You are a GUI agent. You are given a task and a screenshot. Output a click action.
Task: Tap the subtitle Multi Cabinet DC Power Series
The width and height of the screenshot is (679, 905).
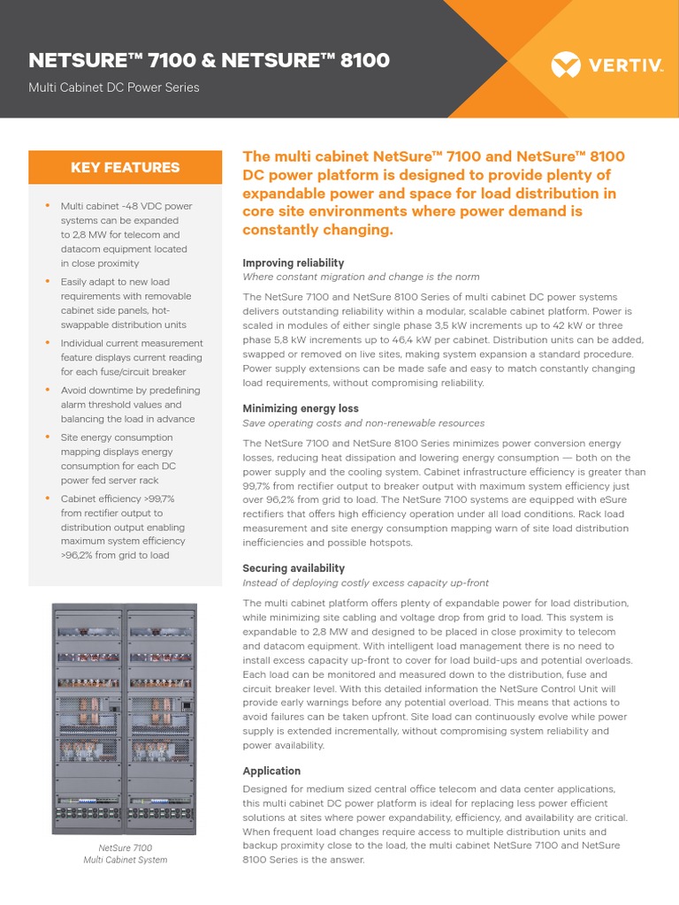point(114,87)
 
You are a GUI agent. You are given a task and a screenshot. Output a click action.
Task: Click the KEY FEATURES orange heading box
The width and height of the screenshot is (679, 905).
point(125,167)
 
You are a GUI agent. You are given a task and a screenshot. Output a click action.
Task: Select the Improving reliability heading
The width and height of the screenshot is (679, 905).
point(293,263)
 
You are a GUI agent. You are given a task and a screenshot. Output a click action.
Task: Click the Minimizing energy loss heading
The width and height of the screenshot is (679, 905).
point(301,408)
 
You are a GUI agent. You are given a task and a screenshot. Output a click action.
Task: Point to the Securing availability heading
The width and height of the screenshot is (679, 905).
point(294,568)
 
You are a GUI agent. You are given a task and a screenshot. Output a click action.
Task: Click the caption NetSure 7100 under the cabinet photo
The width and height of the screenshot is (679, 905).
point(125,848)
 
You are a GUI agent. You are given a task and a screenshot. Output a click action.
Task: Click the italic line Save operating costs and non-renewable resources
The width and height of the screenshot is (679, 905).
point(363,423)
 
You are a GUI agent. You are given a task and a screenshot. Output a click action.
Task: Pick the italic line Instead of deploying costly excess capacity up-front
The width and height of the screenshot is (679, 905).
point(365,583)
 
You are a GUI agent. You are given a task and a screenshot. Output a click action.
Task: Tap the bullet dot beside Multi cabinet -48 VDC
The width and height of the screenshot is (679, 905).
point(48,206)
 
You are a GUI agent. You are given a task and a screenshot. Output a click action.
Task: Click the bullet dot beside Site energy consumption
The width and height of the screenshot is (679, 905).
point(48,437)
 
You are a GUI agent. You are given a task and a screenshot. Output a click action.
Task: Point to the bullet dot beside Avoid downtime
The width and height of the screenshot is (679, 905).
point(48,390)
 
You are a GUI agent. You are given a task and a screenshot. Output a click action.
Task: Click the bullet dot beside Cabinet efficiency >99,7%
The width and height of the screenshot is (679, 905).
point(48,498)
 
